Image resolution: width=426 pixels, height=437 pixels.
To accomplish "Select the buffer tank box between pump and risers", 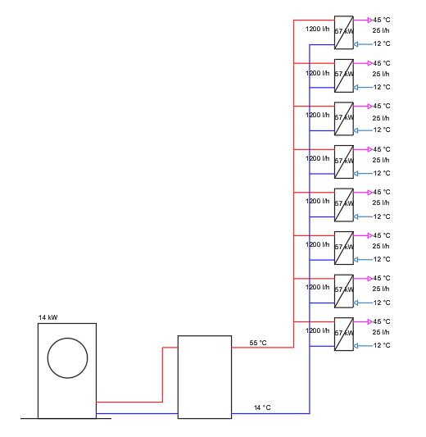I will click(205, 376).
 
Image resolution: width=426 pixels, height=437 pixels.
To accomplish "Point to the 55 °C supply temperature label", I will click(258, 342).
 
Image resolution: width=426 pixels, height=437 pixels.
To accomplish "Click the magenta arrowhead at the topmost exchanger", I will click(369, 20).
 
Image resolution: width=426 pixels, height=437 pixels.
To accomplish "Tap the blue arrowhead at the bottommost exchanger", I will click(369, 345).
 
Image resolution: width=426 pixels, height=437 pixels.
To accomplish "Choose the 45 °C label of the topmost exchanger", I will click(382, 20).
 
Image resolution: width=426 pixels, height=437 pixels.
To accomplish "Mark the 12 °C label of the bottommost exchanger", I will click(382, 346).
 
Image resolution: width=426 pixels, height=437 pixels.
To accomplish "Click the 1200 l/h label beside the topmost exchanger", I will click(318, 30).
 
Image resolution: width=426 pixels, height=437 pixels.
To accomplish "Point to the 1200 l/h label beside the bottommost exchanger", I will click(318, 330).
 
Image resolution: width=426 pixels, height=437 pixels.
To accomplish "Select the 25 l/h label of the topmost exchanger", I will click(381, 30).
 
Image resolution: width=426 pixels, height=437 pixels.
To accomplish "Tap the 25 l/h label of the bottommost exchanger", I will click(381, 334).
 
